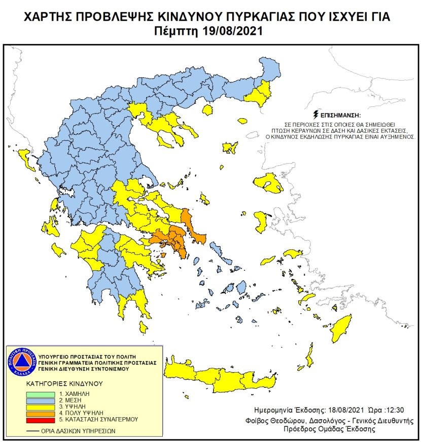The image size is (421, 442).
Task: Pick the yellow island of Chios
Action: pos(261,221)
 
